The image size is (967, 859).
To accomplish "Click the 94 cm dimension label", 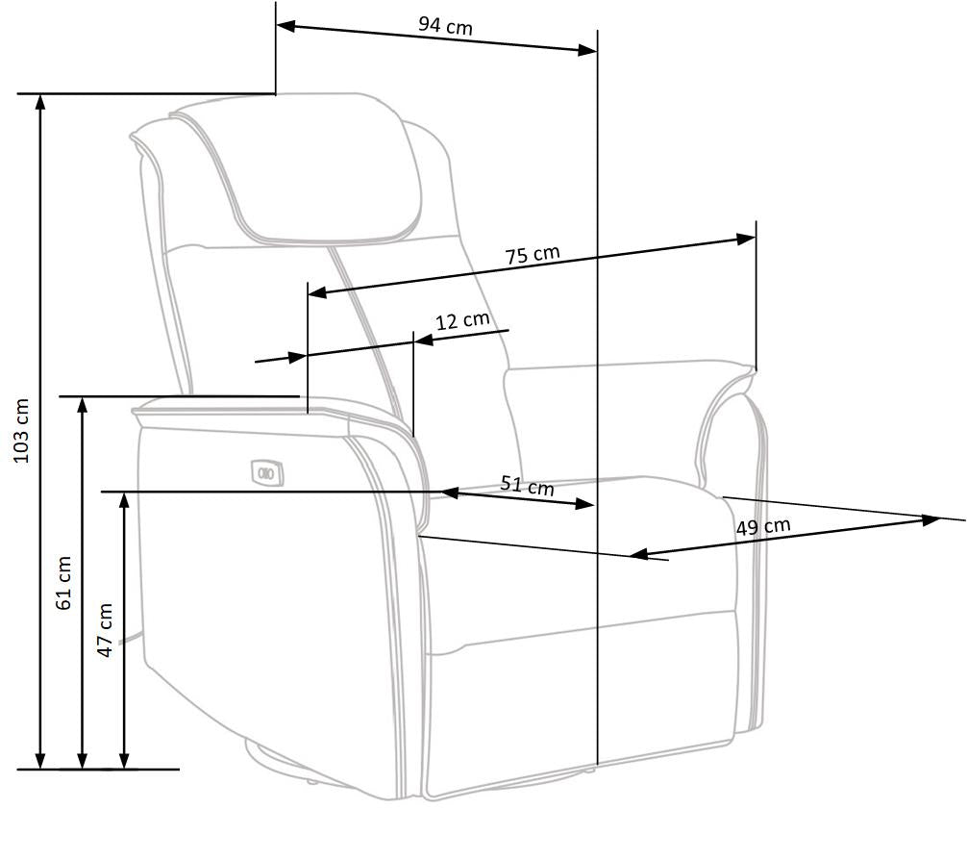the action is (x=445, y=26).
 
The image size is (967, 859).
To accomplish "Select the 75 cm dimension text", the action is (x=533, y=254).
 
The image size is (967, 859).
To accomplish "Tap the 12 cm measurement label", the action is (x=462, y=320).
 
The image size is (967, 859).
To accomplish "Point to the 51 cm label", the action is (x=527, y=485).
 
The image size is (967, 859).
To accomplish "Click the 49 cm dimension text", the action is (x=763, y=527).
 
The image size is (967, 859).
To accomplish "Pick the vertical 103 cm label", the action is (x=21, y=430).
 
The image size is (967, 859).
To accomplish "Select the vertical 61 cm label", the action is (x=63, y=583).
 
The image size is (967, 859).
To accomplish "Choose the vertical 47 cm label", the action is (x=106, y=630).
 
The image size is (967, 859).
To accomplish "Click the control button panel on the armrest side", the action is (x=267, y=473).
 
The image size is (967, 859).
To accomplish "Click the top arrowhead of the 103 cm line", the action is (x=40, y=102).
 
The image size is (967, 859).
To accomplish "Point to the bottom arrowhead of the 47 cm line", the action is (x=124, y=761).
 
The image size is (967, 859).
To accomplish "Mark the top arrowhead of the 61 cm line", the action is (x=83, y=406).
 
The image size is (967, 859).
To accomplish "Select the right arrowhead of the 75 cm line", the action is (x=746, y=239).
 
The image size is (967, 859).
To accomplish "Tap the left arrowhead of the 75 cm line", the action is (x=317, y=291).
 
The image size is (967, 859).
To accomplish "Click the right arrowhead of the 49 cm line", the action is (x=931, y=520).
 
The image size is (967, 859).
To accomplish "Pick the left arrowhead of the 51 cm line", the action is (x=450, y=493).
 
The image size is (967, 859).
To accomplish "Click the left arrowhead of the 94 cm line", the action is (x=286, y=26).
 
